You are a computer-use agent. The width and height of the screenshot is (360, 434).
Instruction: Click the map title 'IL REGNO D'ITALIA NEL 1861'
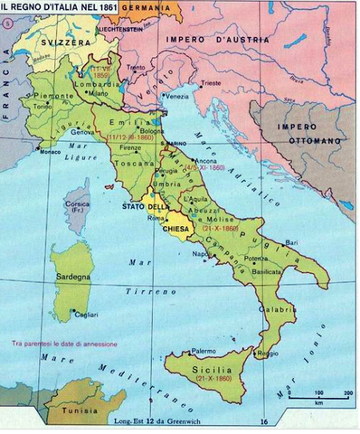[62, 7]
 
